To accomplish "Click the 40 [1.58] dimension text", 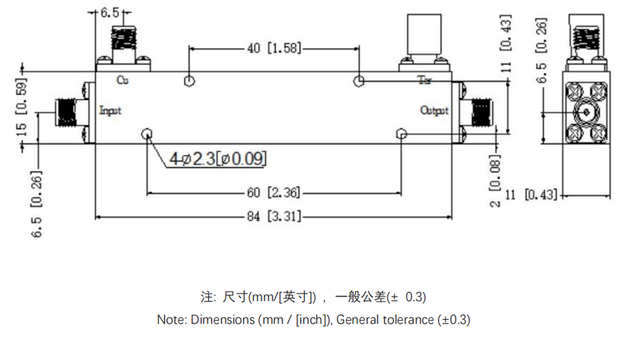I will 275,49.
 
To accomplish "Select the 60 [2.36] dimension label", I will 274,192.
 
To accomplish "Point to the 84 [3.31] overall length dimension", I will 274,216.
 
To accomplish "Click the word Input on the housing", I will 111,111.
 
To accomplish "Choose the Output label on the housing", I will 434,111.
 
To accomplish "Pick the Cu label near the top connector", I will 121,80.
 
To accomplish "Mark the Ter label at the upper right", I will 426,80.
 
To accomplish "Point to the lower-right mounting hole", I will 400,134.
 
